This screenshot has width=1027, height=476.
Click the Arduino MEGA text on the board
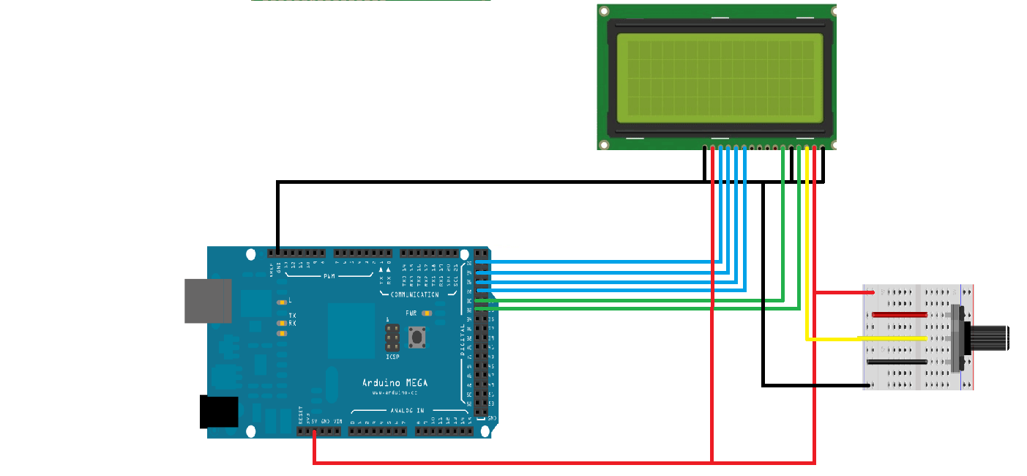click(x=395, y=382)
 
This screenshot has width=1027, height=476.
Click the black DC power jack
click(x=219, y=412)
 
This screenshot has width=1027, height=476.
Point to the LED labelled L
click(x=282, y=301)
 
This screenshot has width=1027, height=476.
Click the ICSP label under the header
click(x=393, y=357)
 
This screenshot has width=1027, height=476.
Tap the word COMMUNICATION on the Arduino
click(x=414, y=294)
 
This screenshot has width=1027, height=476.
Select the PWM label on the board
click(x=330, y=275)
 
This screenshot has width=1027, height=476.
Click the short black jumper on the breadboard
click(x=897, y=362)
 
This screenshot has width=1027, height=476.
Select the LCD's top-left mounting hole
click(x=604, y=11)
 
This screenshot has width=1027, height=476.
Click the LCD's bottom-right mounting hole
click(x=830, y=144)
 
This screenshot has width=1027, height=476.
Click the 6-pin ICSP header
click(x=393, y=338)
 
